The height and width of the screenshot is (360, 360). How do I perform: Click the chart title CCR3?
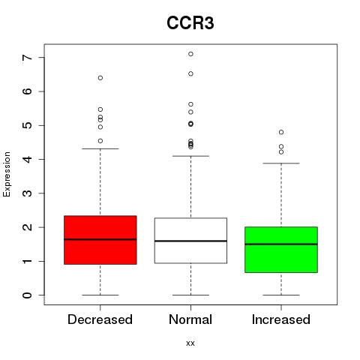pyautogui.click(x=190, y=23)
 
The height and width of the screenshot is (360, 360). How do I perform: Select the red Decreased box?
pyautogui.click(x=100, y=240)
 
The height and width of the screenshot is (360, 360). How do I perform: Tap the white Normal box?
pyautogui.click(x=190, y=241)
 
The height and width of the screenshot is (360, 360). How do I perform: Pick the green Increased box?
pyautogui.click(x=281, y=250)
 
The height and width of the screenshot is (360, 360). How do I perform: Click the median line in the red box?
pyautogui.click(x=100, y=239)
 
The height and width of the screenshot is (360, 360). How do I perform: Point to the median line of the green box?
pyautogui.click(x=281, y=244)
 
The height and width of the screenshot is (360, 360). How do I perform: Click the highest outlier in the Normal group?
pyautogui.click(x=190, y=54)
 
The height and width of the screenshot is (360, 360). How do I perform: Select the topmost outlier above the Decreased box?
pyautogui.click(x=100, y=78)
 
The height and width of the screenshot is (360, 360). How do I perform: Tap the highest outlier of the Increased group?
pyautogui.click(x=281, y=132)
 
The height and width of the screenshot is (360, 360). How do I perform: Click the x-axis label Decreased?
pyautogui.click(x=100, y=319)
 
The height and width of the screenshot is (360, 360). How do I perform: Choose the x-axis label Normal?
pyautogui.click(x=190, y=319)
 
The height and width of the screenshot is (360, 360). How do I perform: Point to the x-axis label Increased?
pyautogui.click(x=281, y=319)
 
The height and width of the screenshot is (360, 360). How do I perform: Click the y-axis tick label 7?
pyautogui.click(x=28, y=58)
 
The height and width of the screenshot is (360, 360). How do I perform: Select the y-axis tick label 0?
pyautogui.click(x=28, y=295)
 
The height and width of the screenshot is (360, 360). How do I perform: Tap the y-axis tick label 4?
pyautogui.click(x=28, y=159)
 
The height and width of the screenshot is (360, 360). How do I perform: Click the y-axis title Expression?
pyautogui.click(x=7, y=174)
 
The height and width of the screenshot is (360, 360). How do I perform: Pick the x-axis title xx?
pyautogui.click(x=190, y=343)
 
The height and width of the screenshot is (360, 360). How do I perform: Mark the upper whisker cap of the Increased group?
pyautogui.click(x=281, y=163)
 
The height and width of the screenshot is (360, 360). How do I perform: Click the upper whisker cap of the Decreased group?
pyautogui.click(x=100, y=148)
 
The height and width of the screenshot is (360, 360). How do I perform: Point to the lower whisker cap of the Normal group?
pyautogui.click(x=190, y=295)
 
